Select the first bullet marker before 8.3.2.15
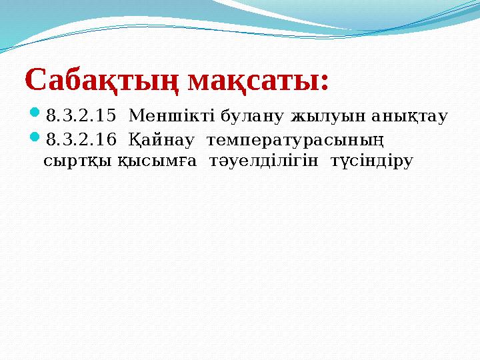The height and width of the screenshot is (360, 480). pos(35,115)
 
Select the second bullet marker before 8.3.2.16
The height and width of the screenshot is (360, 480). pos(35,139)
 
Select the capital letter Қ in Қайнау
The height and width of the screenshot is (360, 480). pos(133,140)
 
